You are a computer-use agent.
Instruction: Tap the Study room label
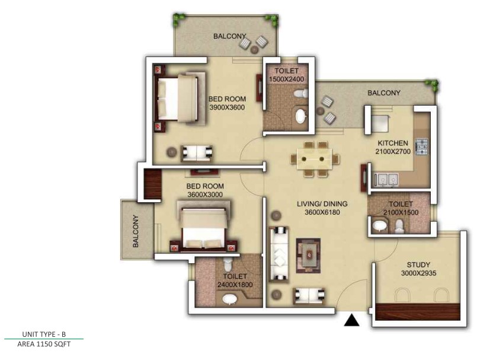pyautogui.click(x=418, y=265)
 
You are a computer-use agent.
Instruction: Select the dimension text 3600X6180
pyautogui.click(x=322, y=212)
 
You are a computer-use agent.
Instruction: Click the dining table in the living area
pyautogui.click(x=315, y=159)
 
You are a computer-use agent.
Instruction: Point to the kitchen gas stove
pyautogui.click(x=422, y=146)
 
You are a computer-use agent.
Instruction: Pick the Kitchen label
pyautogui.click(x=393, y=143)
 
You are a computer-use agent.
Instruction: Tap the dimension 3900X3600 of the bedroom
pyautogui.click(x=227, y=107)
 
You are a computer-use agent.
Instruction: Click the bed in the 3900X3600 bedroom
pyautogui.click(x=179, y=97)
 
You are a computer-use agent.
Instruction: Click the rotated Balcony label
pyautogui.click(x=136, y=231)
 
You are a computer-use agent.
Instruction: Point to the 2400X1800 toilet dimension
pyautogui.click(x=235, y=285)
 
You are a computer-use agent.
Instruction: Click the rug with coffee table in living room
pyautogui.click(x=308, y=256)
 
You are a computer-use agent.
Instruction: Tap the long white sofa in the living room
pyautogui.click(x=278, y=253)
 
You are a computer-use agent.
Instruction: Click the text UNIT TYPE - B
pyautogui.click(x=44, y=334)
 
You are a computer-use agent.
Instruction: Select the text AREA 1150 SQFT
pyautogui.click(x=44, y=344)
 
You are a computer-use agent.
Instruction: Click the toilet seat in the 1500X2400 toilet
pyautogui.click(x=301, y=93)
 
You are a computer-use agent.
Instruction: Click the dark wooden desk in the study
pyautogui.click(x=418, y=312)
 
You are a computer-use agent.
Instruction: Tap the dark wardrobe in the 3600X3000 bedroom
pyautogui.click(x=152, y=184)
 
